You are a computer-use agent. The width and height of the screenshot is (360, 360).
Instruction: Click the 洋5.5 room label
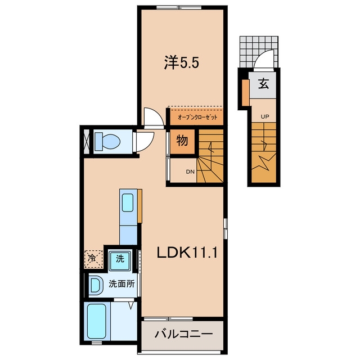tap(181, 62)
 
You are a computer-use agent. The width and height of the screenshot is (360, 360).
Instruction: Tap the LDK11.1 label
tap(187, 253)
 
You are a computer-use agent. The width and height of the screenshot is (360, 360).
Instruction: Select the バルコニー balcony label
tap(183, 334)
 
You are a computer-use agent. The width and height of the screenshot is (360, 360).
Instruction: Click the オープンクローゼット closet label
tap(197, 118)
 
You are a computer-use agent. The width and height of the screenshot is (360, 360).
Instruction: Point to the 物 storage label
tap(182, 140)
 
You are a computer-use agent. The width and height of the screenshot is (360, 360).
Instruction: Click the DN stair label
tap(190, 172)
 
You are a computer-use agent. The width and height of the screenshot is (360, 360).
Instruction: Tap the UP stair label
tap(264, 116)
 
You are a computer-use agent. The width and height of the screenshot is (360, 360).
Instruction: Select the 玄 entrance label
tap(264, 84)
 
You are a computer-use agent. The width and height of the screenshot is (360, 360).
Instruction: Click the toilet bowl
tap(107, 142)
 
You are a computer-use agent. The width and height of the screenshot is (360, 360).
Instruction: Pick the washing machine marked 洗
tap(120, 260)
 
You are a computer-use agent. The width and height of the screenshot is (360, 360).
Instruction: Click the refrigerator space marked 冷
tap(93, 259)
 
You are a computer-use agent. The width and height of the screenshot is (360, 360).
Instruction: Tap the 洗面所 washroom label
tap(121, 284)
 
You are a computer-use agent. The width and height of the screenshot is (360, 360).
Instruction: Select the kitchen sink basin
tap(128, 202)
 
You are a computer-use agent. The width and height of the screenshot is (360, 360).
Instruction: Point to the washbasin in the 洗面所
tap(96, 285)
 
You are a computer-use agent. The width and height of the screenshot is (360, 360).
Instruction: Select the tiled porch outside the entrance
tap(259, 52)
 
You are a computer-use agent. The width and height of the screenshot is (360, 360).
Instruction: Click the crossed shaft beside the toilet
tap(87, 142)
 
